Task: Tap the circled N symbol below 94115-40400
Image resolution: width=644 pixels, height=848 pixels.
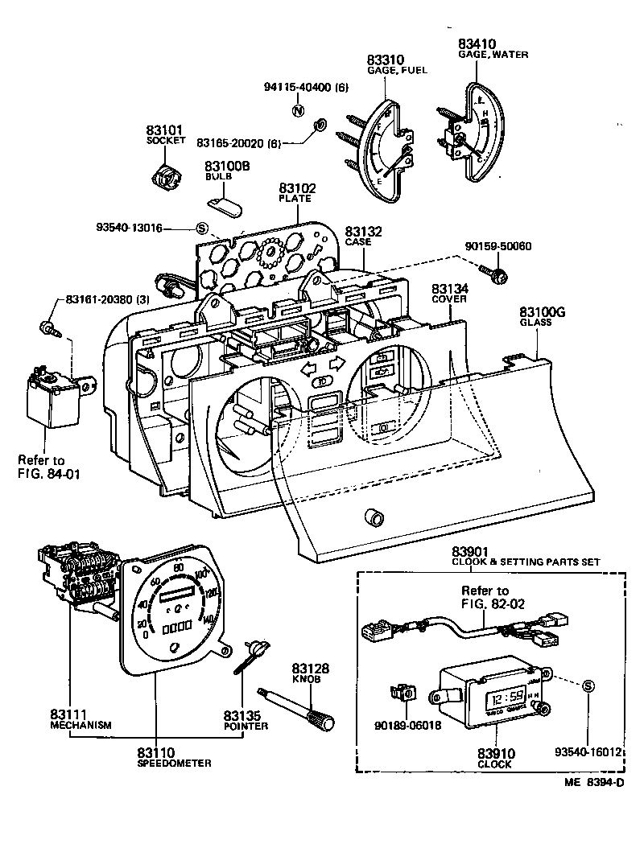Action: click(297, 111)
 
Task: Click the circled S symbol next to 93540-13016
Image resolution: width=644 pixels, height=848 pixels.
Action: click(202, 228)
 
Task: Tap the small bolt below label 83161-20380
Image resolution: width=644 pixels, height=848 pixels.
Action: click(49, 327)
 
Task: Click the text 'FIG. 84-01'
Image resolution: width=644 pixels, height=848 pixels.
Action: click(51, 473)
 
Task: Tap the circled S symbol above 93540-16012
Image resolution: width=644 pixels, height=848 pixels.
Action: click(588, 685)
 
